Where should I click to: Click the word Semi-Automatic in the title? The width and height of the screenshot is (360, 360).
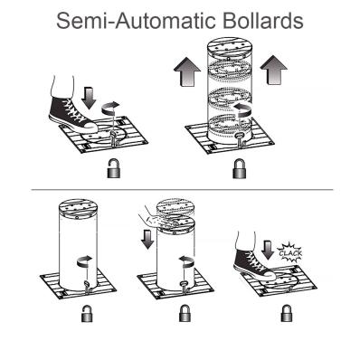click(136, 21)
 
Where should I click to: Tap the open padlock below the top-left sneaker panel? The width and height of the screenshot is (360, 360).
click(114, 168)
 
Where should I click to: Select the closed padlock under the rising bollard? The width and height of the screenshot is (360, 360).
click(240, 168)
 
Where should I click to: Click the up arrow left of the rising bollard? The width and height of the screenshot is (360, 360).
click(187, 71)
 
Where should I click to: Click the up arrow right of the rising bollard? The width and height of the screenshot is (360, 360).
click(274, 70)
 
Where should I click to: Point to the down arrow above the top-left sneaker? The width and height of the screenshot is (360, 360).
click(90, 98)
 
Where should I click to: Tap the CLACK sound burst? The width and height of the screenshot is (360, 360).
click(290, 252)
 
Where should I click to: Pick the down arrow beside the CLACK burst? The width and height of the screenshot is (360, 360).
click(267, 249)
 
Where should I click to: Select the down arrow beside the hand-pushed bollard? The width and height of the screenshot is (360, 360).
click(147, 239)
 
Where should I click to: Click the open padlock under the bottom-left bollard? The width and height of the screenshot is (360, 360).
click(87, 313)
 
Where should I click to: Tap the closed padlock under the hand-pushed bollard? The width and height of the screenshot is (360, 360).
click(185, 313)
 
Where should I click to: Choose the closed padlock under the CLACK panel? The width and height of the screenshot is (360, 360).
click(287, 313)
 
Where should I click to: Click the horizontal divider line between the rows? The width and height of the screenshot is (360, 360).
click(182, 190)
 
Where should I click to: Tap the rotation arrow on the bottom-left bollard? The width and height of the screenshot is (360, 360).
click(85, 261)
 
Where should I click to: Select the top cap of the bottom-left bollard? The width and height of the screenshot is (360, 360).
click(78, 209)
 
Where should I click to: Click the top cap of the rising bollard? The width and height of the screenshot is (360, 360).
click(230, 47)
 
